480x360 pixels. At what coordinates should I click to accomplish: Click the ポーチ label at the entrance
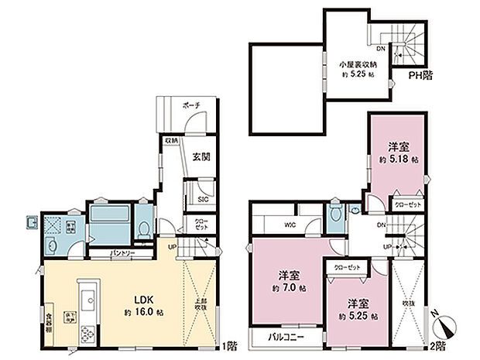click(192, 105)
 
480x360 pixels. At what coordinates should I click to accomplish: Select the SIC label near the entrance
click(204, 200)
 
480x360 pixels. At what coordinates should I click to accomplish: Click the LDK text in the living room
click(144, 297)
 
